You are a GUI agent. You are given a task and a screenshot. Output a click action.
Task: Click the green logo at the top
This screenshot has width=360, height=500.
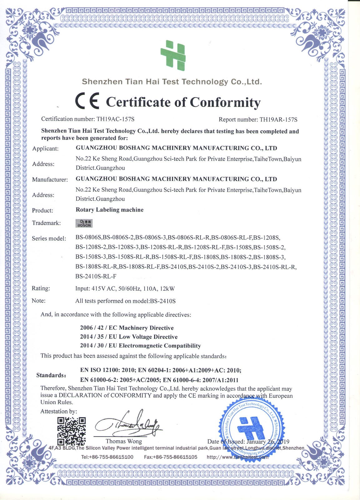[173, 55]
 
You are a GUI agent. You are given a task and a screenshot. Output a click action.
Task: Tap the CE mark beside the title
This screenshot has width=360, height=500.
[87, 101]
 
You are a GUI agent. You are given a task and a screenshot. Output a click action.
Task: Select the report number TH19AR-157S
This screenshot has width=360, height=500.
[278, 120]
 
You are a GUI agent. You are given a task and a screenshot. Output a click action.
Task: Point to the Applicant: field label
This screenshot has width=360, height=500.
[45, 149]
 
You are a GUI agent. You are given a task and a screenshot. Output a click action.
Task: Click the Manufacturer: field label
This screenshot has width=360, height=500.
[50, 180]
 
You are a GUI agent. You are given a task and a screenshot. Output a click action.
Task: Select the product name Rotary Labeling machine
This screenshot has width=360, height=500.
[110, 210]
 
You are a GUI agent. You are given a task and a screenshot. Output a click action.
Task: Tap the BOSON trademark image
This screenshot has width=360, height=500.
[84, 223]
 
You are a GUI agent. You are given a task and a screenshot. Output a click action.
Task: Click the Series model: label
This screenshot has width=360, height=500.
[49, 239]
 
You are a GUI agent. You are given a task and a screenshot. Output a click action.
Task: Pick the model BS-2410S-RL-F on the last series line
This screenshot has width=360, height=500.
[96, 277]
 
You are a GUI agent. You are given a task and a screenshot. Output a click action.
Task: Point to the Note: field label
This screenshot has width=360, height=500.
[39, 301]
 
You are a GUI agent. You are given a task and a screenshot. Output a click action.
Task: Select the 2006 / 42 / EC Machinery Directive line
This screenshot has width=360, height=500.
[127, 328]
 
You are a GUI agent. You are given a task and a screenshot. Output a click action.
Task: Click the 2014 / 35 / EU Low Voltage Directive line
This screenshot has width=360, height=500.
[129, 337]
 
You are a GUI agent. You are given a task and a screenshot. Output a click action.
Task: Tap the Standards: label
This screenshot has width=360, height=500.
[51, 375]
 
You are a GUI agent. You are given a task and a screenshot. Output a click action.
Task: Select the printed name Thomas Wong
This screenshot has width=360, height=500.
[124, 441]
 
